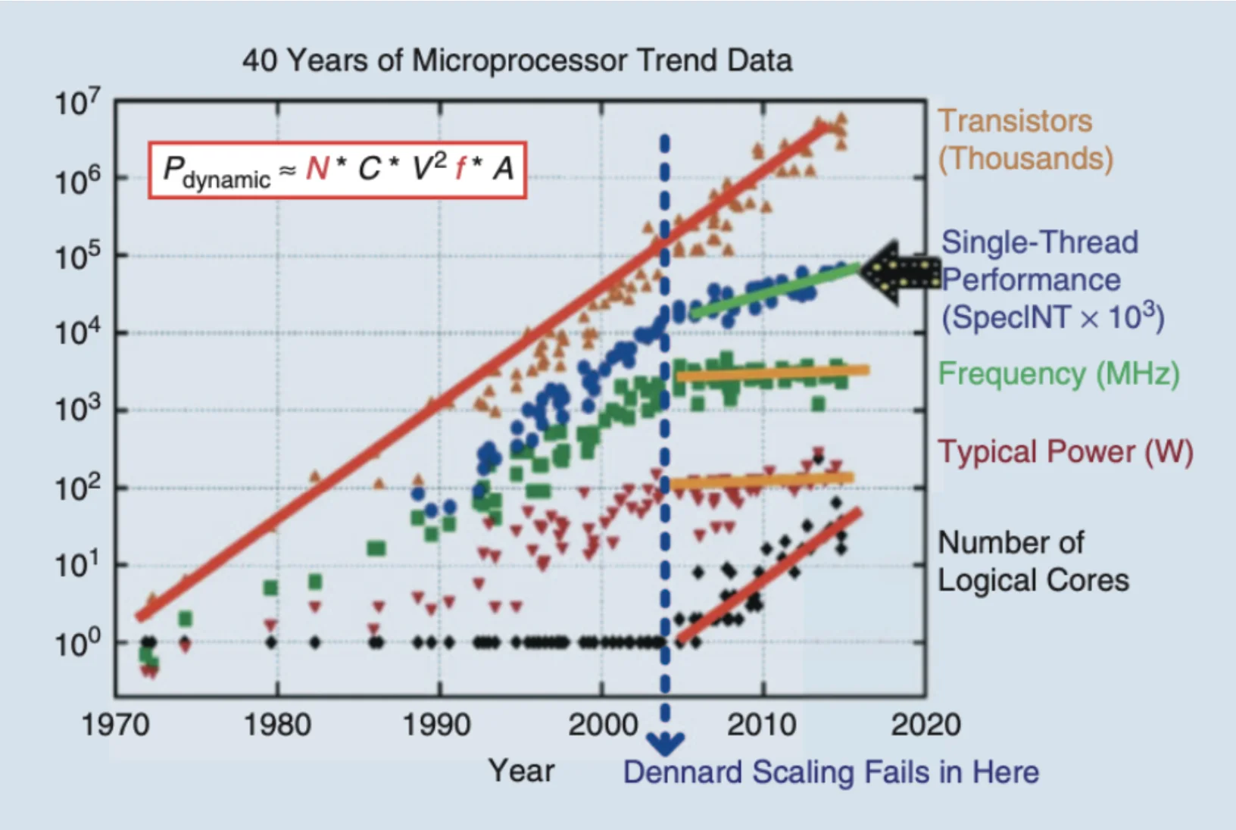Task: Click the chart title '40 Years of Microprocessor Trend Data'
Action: point(517,61)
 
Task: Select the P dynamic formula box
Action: point(337,170)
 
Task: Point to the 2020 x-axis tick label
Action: point(925,725)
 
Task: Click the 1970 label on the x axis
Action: point(115,725)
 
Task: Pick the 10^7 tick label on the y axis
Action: point(76,102)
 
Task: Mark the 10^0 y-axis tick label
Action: point(76,643)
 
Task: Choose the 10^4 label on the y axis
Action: point(76,332)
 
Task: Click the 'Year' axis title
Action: point(521,771)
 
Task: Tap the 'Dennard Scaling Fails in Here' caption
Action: point(831,772)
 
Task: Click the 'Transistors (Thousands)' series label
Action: point(1025,140)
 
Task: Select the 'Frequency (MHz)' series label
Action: point(1058,374)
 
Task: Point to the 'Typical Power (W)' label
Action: point(1065,452)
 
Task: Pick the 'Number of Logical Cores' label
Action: point(1032,561)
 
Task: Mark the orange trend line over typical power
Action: point(761,480)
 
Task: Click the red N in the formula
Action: point(317,169)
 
